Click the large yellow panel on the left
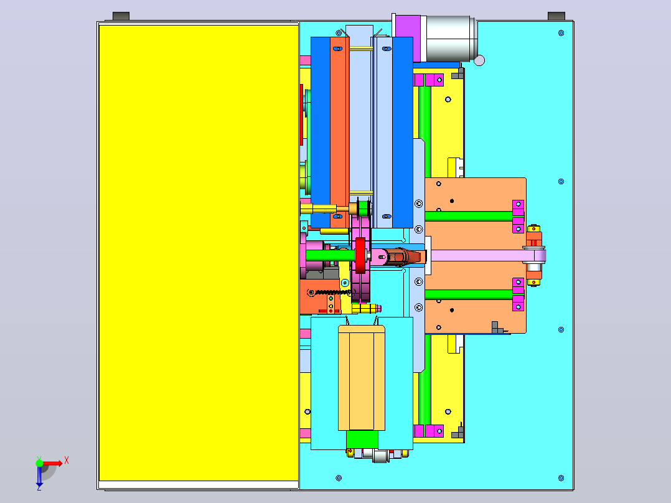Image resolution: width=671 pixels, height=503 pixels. coord(199,253)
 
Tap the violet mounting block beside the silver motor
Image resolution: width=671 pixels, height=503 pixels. coord(408,39)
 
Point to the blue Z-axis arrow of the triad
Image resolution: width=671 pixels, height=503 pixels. coord(39,475)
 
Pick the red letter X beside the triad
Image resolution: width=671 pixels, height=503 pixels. coord(67,461)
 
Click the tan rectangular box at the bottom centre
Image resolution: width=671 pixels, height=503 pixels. coord(362,378)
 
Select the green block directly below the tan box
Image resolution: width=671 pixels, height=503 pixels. coord(362,440)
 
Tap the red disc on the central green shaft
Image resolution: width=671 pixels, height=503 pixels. coord(360,255)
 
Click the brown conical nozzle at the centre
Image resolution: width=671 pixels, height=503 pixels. coord(402,256)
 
